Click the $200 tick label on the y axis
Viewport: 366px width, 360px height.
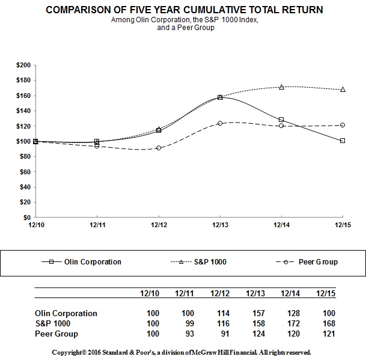tap(23, 64)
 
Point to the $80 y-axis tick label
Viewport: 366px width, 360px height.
tap(25, 156)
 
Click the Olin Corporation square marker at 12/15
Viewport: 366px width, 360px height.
tap(343, 141)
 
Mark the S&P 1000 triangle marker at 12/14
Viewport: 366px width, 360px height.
tap(281, 87)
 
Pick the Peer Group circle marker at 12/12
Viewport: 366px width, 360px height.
tap(159, 148)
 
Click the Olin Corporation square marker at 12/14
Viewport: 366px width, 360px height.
tap(281, 120)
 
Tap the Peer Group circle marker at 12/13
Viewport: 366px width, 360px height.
tap(220, 123)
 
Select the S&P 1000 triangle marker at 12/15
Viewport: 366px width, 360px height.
tap(343, 89)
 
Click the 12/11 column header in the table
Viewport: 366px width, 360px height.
tap(183, 293)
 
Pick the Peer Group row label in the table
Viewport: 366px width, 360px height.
tap(56, 334)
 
